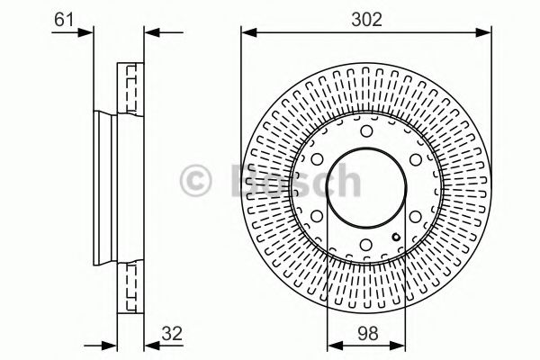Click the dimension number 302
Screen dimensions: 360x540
[x=365, y=16]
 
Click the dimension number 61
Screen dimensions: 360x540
[x=63, y=16]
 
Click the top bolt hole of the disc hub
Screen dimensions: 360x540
[x=365, y=134]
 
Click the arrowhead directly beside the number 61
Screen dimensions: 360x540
[x=87, y=33]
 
